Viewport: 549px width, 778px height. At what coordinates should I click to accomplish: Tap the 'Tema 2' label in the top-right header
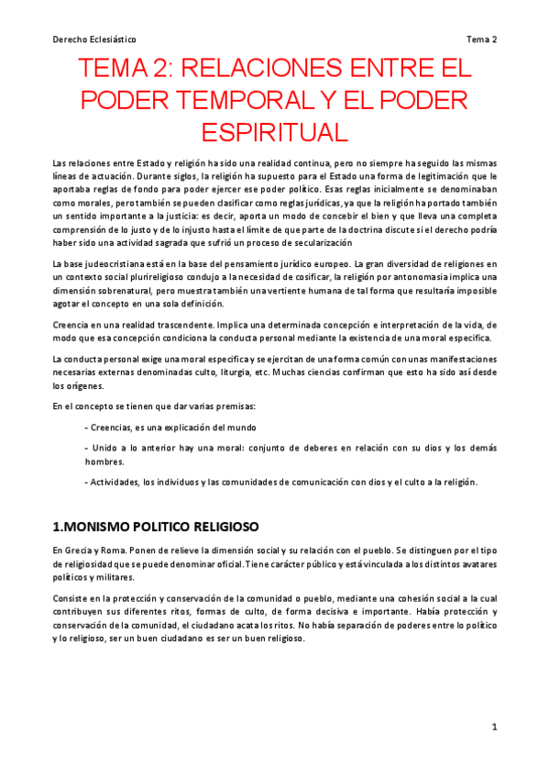(x=481, y=39)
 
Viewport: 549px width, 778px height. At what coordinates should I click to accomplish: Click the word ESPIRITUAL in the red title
(x=273, y=131)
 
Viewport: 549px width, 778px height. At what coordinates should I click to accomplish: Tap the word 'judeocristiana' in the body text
(x=111, y=264)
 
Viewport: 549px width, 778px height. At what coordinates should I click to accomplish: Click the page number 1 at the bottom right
(x=494, y=728)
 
